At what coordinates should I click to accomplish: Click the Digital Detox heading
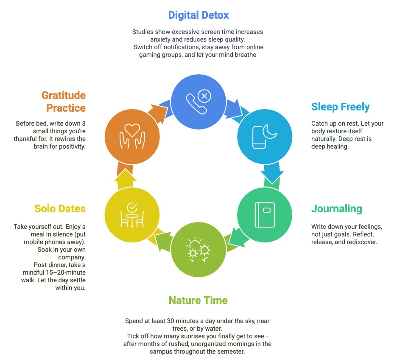click(198, 15)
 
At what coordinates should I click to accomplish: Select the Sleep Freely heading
click(340, 107)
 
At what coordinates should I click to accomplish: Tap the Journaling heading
click(336, 209)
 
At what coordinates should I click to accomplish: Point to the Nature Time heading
click(198, 301)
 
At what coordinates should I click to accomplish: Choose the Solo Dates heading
click(60, 209)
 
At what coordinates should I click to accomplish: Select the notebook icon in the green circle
click(265, 214)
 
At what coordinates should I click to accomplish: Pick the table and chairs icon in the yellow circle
click(132, 215)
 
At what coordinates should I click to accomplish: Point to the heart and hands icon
click(132, 136)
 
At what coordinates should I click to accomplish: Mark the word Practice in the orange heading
click(66, 108)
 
